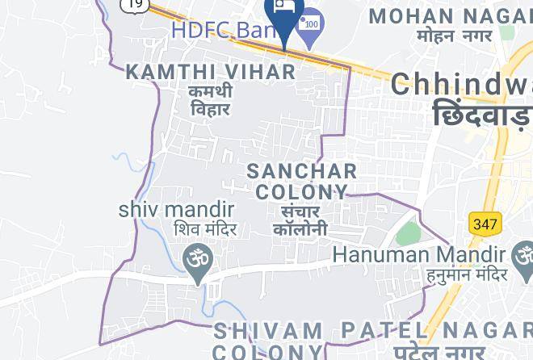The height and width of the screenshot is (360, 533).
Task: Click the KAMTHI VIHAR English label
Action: [212, 72]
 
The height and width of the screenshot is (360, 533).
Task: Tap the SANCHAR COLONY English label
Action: [301, 182]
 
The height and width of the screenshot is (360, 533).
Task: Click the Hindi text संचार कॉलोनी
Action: [300, 220]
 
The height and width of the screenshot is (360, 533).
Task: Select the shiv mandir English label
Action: [177, 208]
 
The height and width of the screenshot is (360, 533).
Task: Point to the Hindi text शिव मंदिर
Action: [205, 230]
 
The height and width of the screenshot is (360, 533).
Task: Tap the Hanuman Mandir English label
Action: [420, 254]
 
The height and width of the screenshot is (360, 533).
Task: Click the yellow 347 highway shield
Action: [485, 223]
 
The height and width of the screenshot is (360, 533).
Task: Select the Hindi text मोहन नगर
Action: [455, 36]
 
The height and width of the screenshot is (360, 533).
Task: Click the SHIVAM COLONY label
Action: [268, 341]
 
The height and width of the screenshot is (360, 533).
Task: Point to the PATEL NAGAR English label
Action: [437, 330]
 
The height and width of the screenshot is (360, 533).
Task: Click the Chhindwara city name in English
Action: [462, 85]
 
